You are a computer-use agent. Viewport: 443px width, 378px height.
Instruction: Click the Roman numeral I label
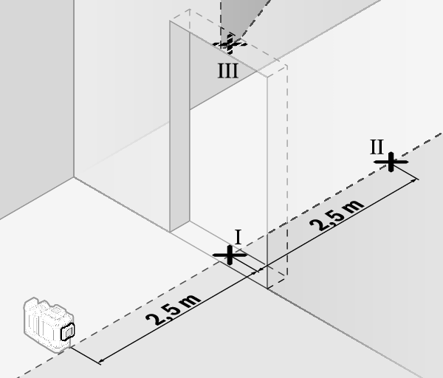(238, 237)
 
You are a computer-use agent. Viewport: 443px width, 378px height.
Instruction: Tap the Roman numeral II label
(377, 147)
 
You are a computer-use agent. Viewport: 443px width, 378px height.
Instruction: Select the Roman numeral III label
(227, 71)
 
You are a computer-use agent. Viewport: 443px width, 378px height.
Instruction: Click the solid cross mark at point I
(230, 255)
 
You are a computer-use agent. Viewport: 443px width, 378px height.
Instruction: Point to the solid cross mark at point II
(391, 162)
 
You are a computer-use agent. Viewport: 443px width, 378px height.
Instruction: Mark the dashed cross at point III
(230, 44)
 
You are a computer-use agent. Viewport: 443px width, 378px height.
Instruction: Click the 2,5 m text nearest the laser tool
(174, 310)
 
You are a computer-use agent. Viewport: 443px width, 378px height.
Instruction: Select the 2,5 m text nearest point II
(337, 216)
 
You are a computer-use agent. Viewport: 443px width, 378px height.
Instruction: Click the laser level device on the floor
(49, 325)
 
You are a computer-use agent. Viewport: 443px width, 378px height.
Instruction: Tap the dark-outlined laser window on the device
(68, 331)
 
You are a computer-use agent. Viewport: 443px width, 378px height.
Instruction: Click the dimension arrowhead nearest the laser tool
(102, 360)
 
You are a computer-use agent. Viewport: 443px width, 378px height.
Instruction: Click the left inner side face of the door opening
(179, 127)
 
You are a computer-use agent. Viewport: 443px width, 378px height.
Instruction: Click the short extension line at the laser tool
(86, 356)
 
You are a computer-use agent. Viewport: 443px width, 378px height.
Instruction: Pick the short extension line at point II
(405, 171)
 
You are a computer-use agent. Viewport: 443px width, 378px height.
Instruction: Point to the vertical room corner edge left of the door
(74, 89)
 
